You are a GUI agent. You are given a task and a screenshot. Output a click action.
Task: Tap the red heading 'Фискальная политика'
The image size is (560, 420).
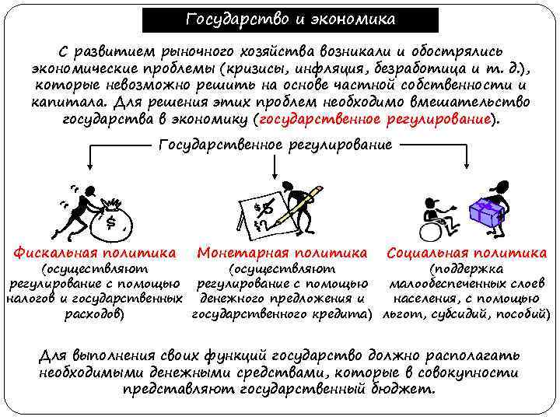coord(94,252)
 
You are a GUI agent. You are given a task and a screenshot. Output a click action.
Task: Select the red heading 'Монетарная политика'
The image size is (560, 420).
coord(282,252)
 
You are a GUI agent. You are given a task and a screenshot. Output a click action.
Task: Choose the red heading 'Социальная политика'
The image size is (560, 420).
coord(467,252)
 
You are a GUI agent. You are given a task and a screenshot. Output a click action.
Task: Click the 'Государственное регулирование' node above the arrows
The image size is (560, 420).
coord(275,145)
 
